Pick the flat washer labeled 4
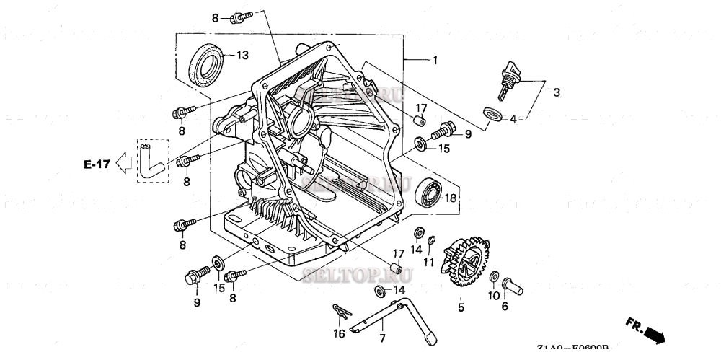493,113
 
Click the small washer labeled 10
493,278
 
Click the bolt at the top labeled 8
241,16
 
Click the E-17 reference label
95,164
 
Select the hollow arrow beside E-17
123,164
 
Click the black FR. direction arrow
653,334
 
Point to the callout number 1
434,61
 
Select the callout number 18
450,197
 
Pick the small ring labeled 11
430,240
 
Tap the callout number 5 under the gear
461,307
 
